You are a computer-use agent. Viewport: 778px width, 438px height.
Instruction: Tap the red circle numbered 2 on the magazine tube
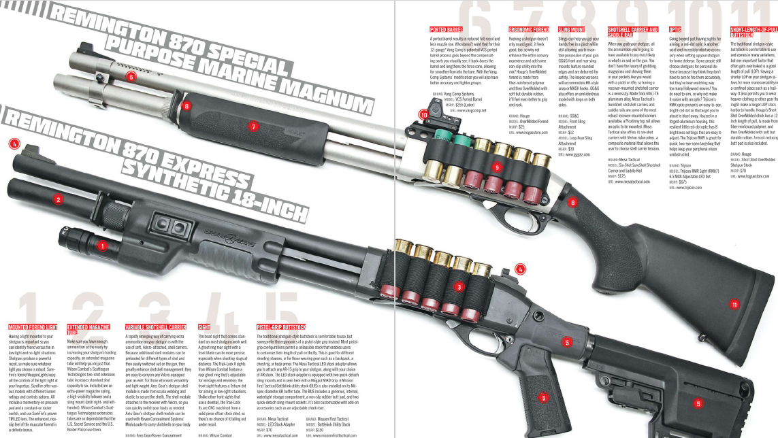point(59,199)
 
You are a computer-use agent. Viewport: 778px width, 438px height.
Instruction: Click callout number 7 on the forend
point(253,127)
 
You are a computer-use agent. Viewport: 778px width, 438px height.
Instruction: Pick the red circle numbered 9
point(497,167)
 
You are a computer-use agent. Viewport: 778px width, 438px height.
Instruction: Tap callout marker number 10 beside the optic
point(424,116)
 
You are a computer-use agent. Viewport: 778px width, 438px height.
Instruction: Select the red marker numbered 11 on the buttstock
point(734,305)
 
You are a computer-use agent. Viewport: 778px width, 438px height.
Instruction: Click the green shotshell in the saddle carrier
point(460,144)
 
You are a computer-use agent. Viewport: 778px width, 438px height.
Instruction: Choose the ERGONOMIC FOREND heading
point(528,30)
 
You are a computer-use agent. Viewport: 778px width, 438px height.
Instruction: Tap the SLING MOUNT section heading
point(571,30)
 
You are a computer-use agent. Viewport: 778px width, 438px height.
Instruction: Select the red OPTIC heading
point(675,30)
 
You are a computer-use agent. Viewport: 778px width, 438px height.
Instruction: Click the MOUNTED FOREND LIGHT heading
point(33,328)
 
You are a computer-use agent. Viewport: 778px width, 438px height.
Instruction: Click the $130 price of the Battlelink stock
point(319,430)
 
